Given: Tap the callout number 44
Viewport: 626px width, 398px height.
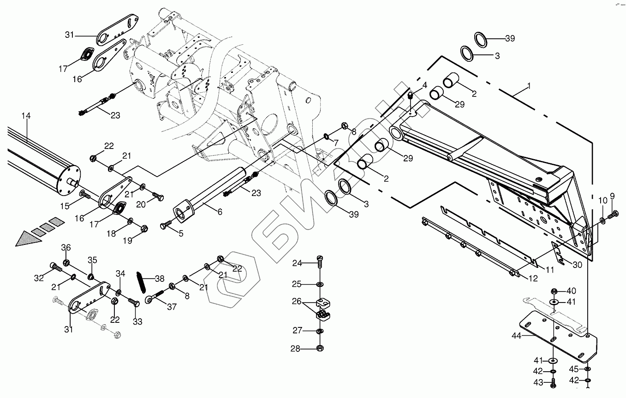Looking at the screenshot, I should pyautogui.click(x=516, y=336).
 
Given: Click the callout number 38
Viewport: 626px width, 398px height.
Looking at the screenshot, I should pyautogui.click(x=160, y=279).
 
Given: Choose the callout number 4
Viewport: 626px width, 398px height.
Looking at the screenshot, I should pyautogui.click(x=424, y=85).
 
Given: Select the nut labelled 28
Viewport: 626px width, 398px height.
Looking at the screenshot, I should pyautogui.click(x=319, y=348).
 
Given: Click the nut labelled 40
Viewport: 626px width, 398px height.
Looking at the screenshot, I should pyautogui.click(x=554, y=291).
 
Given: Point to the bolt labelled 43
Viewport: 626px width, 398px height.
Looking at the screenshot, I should pyautogui.click(x=554, y=382).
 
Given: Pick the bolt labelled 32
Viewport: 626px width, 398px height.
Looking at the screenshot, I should pyautogui.click(x=54, y=267).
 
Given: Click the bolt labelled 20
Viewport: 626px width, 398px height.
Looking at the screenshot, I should pyautogui.click(x=157, y=198).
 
